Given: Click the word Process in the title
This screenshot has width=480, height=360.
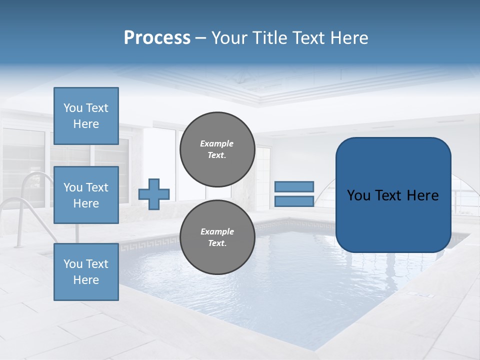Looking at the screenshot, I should (x=157, y=38).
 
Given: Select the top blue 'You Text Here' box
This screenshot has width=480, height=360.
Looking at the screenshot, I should (x=86, y=116).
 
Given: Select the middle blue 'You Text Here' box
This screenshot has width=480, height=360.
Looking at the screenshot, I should (x=86, y=195).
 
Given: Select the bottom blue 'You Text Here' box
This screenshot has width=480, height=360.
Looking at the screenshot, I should (x=86, y=271).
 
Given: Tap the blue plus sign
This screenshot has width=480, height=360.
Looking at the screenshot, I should (x=154, y=194).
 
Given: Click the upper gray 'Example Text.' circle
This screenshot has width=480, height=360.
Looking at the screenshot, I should (x=217, y=149).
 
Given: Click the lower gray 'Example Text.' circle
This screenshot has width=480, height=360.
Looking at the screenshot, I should (x=217, y=237).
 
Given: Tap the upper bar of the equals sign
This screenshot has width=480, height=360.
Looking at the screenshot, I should (x=294, y=187).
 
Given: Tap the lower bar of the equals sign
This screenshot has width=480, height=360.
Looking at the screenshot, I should (x=294, y=201).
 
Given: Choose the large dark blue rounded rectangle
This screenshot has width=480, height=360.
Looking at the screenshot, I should (x=393, y=194).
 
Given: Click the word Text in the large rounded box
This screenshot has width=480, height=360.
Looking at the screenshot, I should (x=392, y=195).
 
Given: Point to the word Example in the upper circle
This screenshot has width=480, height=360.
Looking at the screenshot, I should (x=217, y=143).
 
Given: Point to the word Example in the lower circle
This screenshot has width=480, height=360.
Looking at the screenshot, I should (x=217, y=231).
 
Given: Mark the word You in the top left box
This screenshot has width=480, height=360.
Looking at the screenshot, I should (x=73, y=108).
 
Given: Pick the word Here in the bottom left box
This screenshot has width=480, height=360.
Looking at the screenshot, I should (x=86, y=280).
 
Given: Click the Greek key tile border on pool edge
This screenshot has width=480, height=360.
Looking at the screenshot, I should (x=150, y=243).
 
